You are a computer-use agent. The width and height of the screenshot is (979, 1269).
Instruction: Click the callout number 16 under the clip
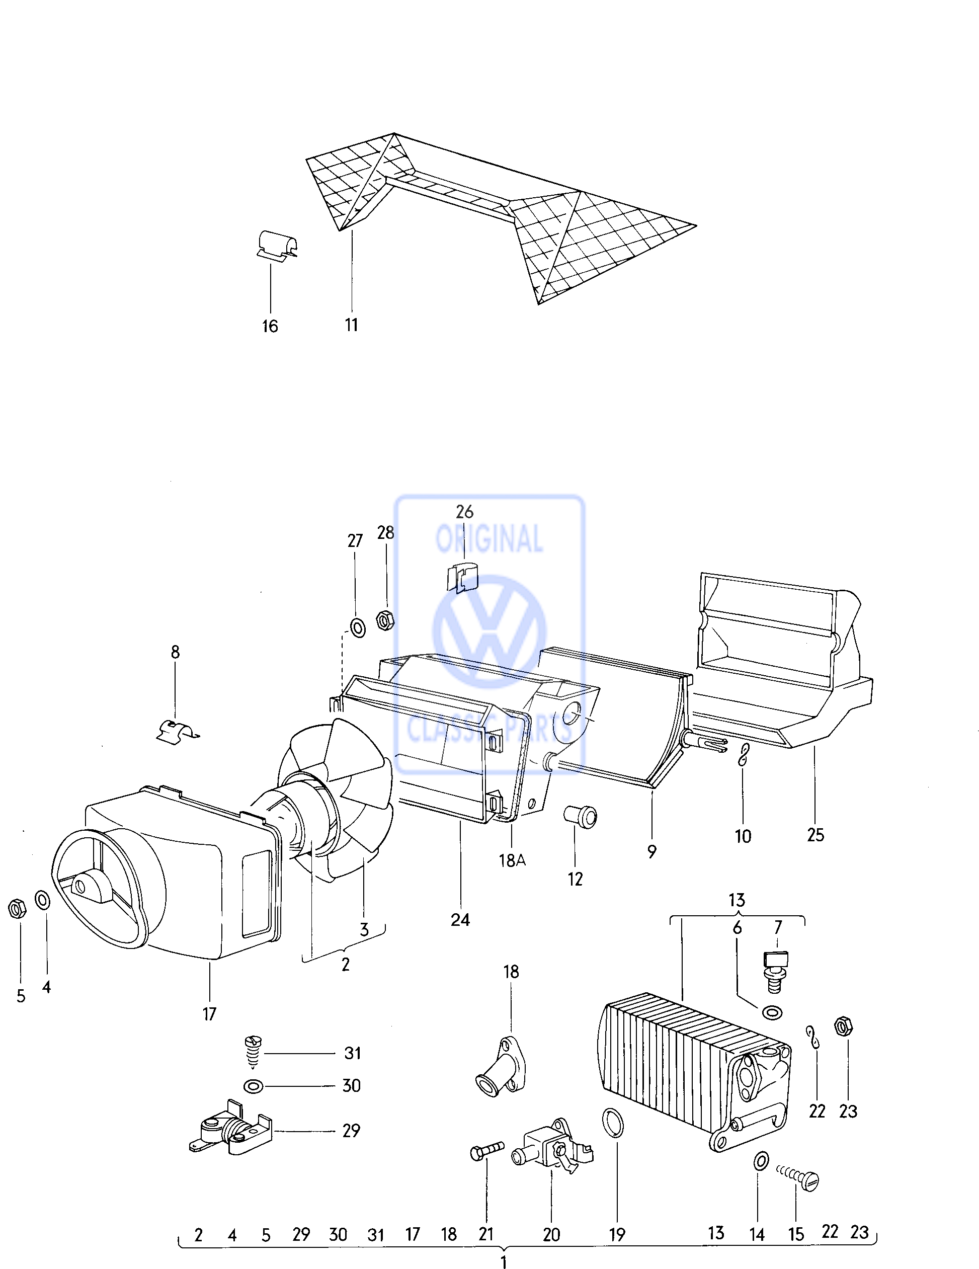[270, 326]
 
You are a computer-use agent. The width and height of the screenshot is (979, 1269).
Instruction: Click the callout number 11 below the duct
[352, 325]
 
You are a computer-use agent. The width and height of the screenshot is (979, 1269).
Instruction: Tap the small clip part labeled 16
[277, 245]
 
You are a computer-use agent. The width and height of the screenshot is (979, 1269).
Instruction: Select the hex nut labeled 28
[385, 620]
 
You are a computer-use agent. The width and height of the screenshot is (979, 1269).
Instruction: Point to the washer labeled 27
[357, 627]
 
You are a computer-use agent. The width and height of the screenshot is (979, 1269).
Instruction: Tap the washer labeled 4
[42, 900]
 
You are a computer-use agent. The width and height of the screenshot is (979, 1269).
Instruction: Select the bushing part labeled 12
[581, 816]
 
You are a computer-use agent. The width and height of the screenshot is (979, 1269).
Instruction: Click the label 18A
[512, 860]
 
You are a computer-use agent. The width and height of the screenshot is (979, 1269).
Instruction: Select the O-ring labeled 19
[613, 1123]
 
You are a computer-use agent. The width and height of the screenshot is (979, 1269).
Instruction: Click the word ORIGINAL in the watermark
[489, 538]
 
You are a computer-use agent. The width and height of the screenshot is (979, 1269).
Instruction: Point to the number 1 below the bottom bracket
[504, 1261]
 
